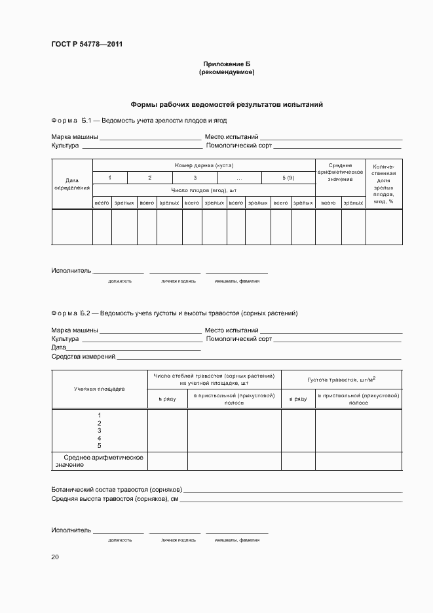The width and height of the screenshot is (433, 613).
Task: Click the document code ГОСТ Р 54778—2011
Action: click(87, 45)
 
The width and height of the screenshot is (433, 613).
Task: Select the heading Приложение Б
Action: click(227, 64)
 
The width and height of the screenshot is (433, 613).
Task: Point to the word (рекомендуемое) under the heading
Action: click(227, 71)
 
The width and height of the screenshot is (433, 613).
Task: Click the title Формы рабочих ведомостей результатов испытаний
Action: click(227, 104)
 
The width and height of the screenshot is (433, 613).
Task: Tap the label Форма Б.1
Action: click(74, 121)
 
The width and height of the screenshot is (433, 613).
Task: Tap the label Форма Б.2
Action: click(74, 313)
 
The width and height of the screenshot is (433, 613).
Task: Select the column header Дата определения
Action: click(72, 184)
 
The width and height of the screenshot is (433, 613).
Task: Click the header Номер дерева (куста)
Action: click(204, 165)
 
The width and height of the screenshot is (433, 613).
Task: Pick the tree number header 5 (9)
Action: click(288, 178)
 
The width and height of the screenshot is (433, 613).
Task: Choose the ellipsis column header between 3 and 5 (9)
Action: click(240, 178)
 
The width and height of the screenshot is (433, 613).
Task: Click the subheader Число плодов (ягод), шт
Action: click(204, 190)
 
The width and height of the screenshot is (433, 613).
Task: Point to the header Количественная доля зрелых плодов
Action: click(383, 184)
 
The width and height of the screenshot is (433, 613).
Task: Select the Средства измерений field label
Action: click(83, 357)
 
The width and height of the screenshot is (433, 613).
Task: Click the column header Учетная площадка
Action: click(99, 389)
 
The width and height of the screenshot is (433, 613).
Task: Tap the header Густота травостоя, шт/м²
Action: click(341, 379)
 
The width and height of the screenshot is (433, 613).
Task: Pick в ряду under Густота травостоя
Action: click(298, 399)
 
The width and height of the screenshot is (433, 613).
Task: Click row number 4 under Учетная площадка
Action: click(99, 438)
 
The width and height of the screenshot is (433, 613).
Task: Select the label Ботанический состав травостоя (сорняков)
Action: click(117, 490)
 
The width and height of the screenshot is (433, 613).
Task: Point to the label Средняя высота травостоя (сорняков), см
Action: click(115, 499)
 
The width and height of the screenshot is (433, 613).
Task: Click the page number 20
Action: click(55, 557)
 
